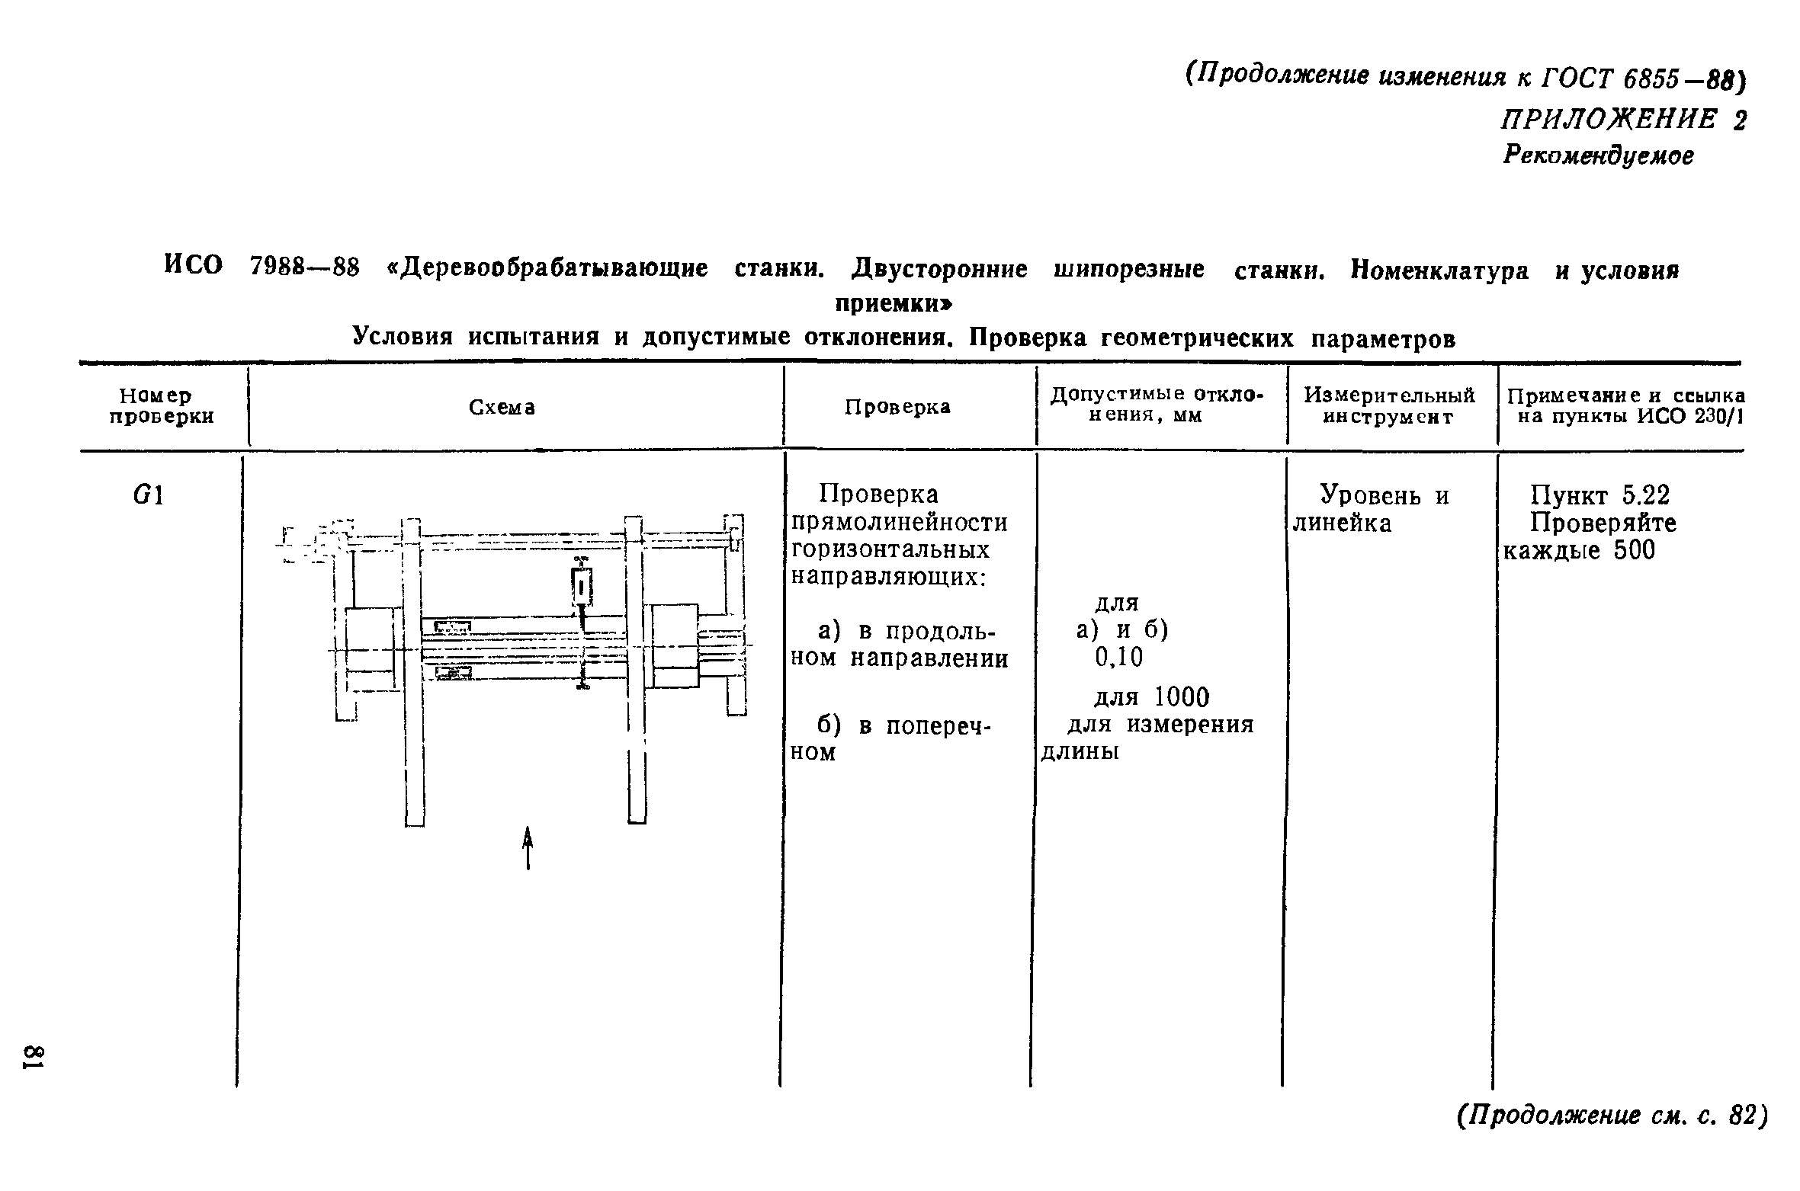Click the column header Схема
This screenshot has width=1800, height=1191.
pyautogui.click(x=502, y=408)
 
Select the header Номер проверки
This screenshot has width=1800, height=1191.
pyautogui.click(x=162, y=406)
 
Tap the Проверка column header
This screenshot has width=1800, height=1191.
pyautogui.click(x=897, y=407)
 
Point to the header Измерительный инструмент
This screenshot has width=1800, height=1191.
pyautogui.click(x=1389, y=406)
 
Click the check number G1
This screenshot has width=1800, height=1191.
pyautogui.click(x=148, y=496)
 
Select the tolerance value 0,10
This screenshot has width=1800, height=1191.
pyautogui.click(x=1119, y=658)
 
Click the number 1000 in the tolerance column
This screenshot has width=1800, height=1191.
pyautogui.click(x=1181, y=697)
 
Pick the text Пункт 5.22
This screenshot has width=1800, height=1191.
pyautogui.click(x=1600, y=496)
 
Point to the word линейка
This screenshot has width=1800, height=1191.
pyautogui.click(x=1343, y=523)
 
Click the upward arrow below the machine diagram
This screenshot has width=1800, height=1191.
pyautogui.click(x=527, y=849)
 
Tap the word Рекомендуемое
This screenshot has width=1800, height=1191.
pyautogui.click(x=1598, y=156)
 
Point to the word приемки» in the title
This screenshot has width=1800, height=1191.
pyautogui.click(x=894, y=304)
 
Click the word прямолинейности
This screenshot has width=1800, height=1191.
pyautogui.click(x=900, y=523)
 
